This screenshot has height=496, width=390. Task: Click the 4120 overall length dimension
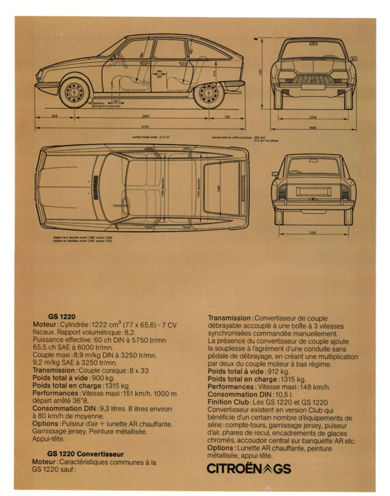pos(144,126)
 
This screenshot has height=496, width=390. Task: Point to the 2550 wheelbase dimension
pos(145,116)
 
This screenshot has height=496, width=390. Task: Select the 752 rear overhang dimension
pos(227,116)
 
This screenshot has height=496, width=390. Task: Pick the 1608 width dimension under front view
pos(312,127)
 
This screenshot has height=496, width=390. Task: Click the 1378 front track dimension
pos(312,117)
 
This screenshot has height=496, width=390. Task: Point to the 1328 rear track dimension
pos(312,232)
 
